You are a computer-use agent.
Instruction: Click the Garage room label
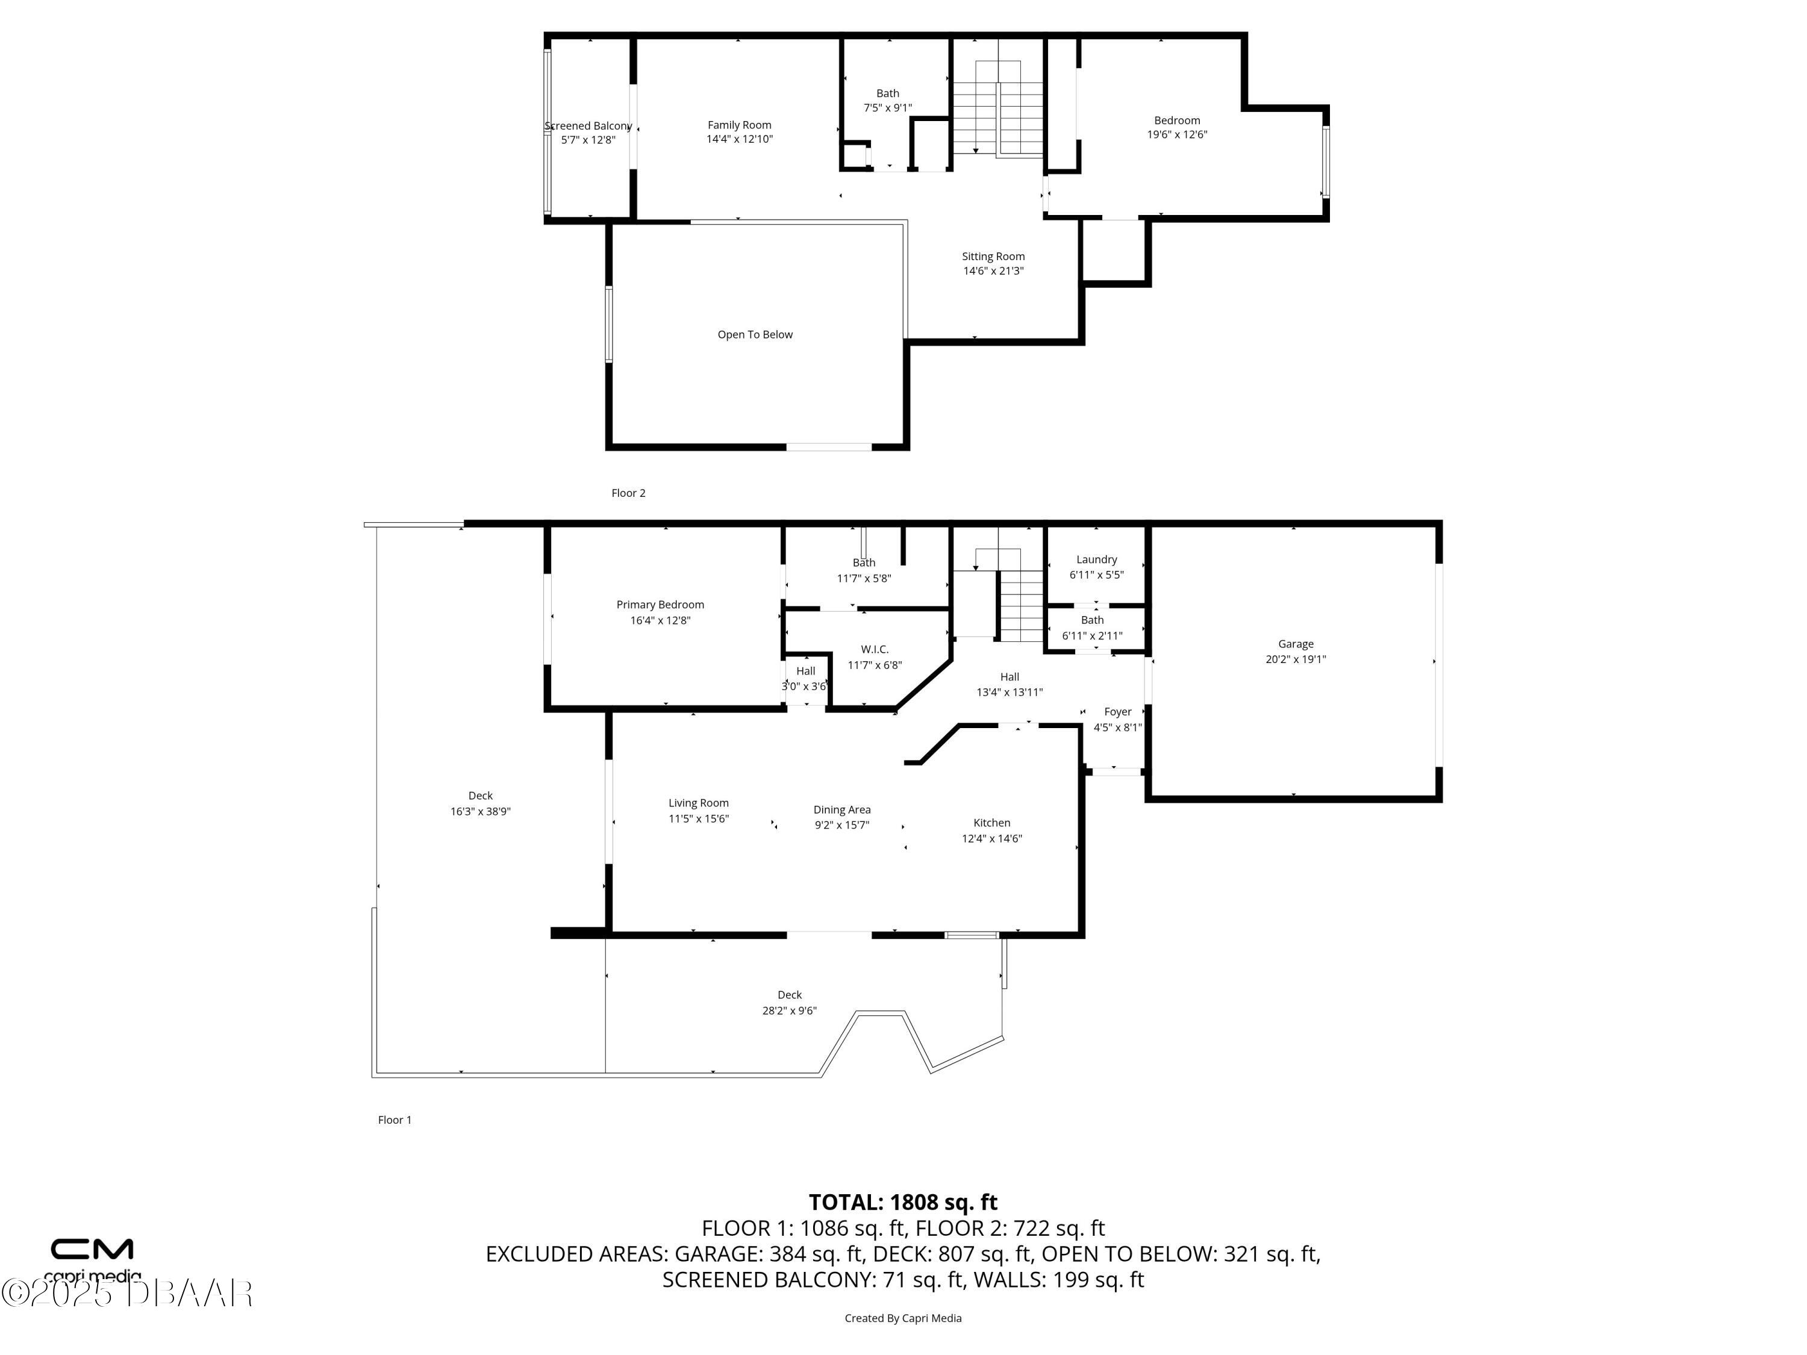pyautogui.click(x=1296, y=644)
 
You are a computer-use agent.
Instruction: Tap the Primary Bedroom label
pyautogui.click(x=660, y=605)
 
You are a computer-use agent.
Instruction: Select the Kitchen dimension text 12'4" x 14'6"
pyautogui.click(x=991, y=838)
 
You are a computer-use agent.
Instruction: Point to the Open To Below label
pyautogui.click(x=755, y=334)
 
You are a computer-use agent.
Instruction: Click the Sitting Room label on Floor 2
pyautogui.click(x=993, y=257)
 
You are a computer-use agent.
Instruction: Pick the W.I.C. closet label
pyautogui.click(x=874, y=649)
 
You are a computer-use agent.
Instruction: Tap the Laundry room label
pyautogui.click(x=1096, y=559)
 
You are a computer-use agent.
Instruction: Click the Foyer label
pyautogui.click(x=1117, y=711)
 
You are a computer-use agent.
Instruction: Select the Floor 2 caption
pyautogui.click(x=628, y=493)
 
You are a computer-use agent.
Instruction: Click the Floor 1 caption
pyautogui.click(x=395, y=1120)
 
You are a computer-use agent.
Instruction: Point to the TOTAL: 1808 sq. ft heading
pyautogui.click(x=903, y=1202)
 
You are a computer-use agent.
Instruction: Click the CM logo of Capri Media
pyautogui.click(x=92, y=1249)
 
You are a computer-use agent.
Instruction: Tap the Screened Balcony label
pyautogui.click(x=588, y=126)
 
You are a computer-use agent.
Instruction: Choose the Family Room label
pyautogui.click(x=739, y=125)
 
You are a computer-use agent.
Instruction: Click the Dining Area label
pyautogui.click(x=841, y=809)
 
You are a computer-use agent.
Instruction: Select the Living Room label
pyautogui.click(x=699, y=803)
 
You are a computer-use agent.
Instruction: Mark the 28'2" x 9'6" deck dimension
pyautogui.click(x=789, y=1011)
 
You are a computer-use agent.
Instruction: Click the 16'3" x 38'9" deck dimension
pyautogui.click(x=480, y=811)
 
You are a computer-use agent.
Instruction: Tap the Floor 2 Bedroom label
pyautogui.click(x=1177, y=120)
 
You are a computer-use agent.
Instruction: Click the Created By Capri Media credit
pyautogui.click(x=903, y=1318)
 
